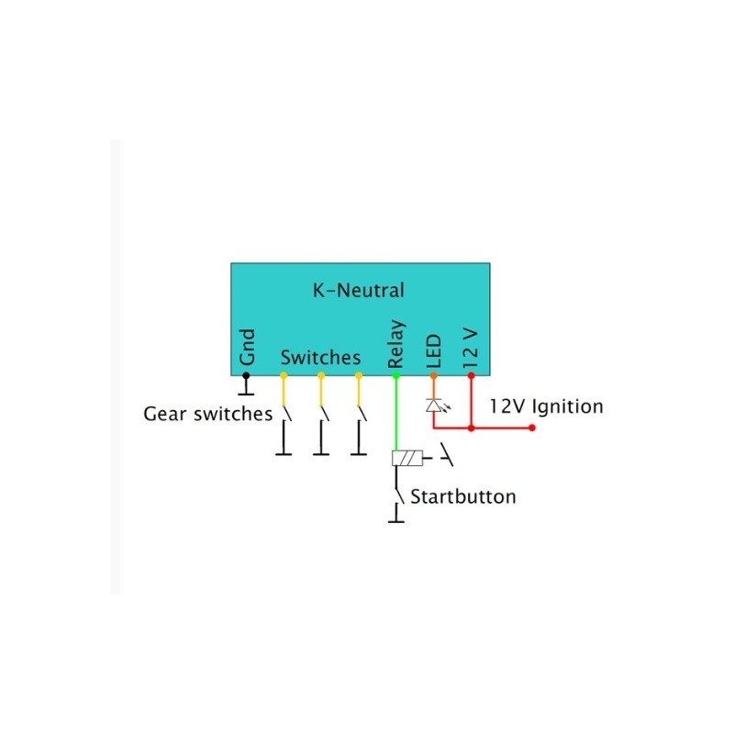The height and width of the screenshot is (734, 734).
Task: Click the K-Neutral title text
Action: pos(358,290)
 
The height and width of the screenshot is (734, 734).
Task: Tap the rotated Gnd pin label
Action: pos(247,347)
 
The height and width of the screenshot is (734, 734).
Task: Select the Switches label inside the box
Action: pos(320,358)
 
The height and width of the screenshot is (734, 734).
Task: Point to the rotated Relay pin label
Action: pos(395,344)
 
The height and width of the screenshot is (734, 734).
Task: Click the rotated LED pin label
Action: pos(433,351)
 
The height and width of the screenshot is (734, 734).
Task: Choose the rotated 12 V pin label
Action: pos(471,349)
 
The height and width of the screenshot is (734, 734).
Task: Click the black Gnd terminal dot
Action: pos(246,375)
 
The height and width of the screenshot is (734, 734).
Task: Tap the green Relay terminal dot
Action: pos(396,375)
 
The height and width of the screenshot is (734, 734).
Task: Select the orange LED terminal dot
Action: pos(433,375)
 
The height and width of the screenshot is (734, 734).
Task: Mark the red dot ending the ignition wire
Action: pos(532,428)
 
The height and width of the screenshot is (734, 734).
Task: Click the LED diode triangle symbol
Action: pos(433,406)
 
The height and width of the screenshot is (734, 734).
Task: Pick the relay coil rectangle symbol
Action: pos(407,458)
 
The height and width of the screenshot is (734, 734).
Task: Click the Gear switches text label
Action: pos(208,414)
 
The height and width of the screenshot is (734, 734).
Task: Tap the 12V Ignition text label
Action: pos(546,406)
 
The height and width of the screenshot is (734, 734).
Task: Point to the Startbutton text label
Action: pos(463,496)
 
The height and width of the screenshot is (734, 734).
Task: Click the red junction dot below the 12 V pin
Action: pos(471,428)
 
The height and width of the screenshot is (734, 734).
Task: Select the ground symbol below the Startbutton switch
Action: pos(396,514)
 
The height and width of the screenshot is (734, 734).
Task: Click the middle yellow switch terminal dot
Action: pos(321,375)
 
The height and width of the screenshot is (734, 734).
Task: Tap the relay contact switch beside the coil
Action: pos(446,454)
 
